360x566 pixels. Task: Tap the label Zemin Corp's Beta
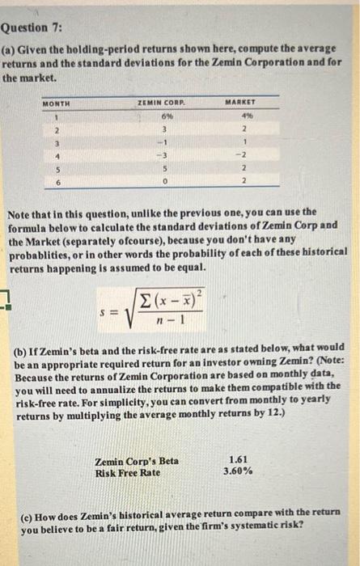[137, 461]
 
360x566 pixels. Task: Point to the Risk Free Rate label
[127, 471]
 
